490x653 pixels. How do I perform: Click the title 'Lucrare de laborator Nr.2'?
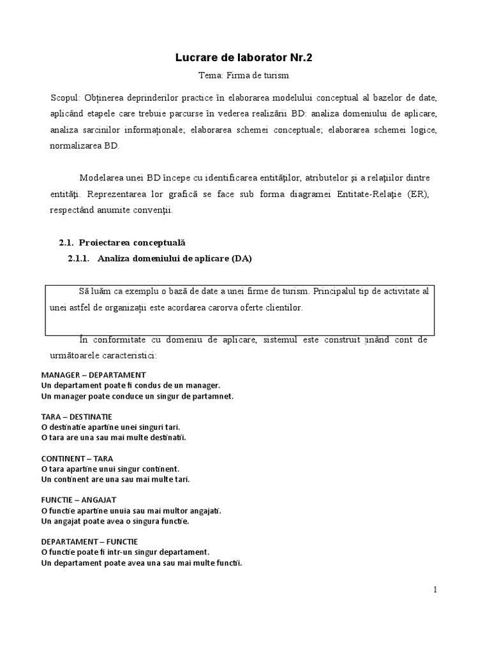pyautogui.click(x=244, y=58)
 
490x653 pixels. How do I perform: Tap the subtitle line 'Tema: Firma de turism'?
pyautogui.click(x=244, y=75)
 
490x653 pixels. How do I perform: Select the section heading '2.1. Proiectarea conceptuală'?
pyautogui.click(x=122, y=242)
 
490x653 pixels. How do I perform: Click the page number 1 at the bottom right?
pyautogui.click(x=435, y=590)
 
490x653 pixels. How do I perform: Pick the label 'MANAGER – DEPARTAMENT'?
pyautogui.click(x=93, y=375)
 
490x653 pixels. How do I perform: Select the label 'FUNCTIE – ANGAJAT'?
pyautogui.click(x=78, y=500)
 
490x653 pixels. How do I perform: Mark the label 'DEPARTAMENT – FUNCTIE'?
pyautogui.click(x=89, y=541)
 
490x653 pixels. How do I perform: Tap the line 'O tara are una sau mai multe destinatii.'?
pyautogui.click(x=114, y=437)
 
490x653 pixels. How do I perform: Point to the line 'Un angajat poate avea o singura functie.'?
pyautogui.click(x=115, y=521)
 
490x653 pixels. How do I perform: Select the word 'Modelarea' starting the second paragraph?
pyautogui.click(x=100, y=177)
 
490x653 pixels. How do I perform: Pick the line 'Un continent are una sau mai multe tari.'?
pyautogui.click(x=115, y=479)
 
